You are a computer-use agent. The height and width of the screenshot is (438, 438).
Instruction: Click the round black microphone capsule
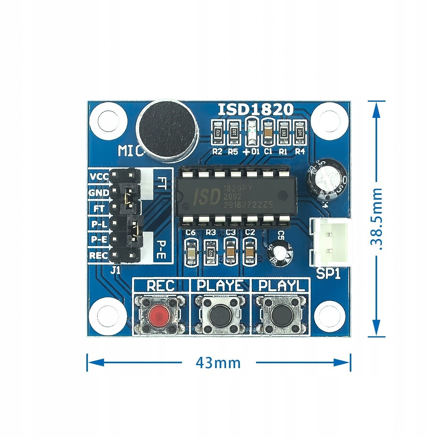coord(167,130)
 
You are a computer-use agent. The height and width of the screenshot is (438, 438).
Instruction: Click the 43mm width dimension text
coord(218,363)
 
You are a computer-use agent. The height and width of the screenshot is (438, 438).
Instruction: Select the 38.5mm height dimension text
coord(376,219)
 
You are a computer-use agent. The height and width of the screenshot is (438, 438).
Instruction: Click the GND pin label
coord(99,193)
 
